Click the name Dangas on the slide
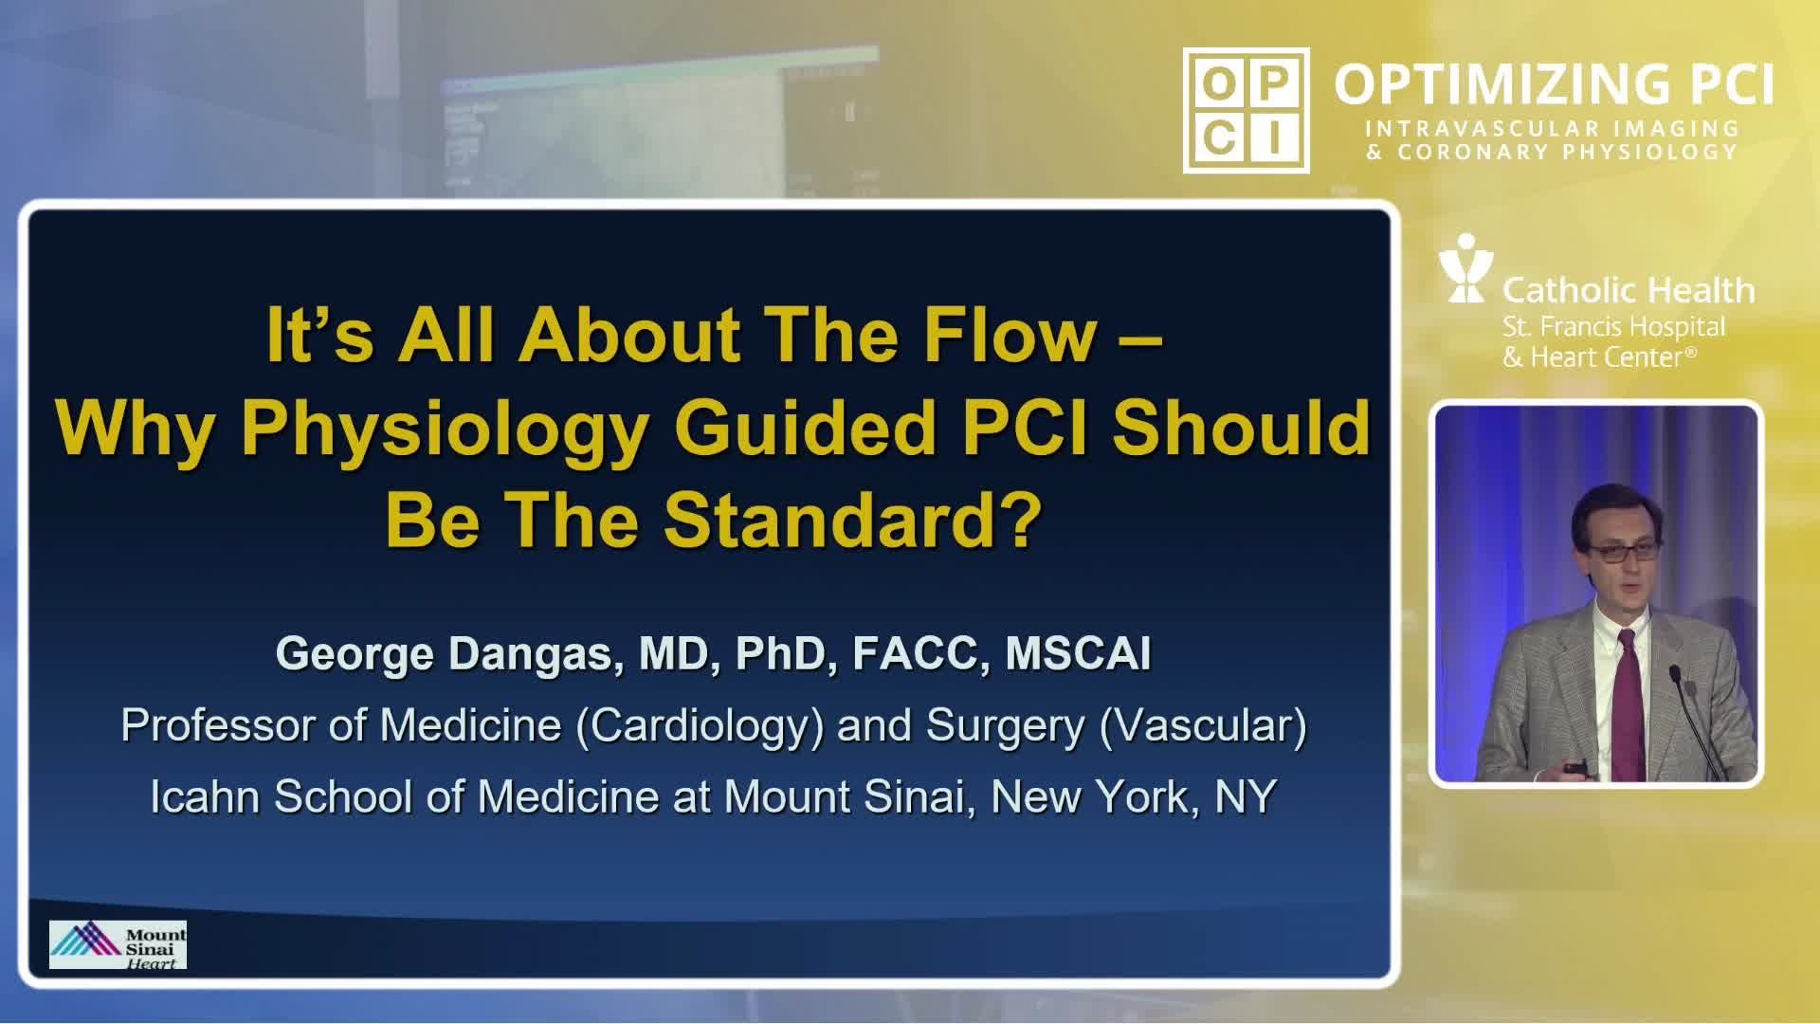pos(536,654)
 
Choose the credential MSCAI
pos(1078,653)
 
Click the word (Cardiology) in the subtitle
pos(701,726)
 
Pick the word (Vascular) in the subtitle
pos(1203,726)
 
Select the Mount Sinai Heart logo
pos(118,945)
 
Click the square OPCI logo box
pos(1247,110)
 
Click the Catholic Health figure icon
pos(1465,268)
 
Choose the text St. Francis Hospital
pos(1613,328)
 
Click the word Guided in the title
pos(806,429)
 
